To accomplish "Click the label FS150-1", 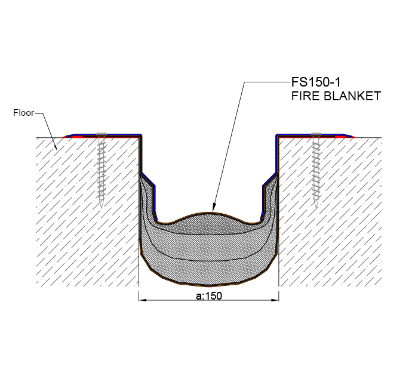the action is [316, 82].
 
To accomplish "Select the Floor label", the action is [24, 113].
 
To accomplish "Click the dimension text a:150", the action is [209, 296].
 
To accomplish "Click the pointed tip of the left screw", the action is [102, 207].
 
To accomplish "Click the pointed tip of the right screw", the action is [316, 207].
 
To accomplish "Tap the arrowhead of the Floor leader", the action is [56, 147].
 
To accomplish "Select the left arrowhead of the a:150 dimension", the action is [142, 300].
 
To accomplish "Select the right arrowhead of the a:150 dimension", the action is [275, 300].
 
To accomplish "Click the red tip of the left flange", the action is [64, 137].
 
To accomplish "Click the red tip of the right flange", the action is [354, 137].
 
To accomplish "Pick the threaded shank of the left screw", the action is [102, 171].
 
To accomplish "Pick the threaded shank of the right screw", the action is [316, 171].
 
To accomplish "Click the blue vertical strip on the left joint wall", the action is [141, 154].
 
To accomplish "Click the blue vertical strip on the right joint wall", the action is [276, 154].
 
